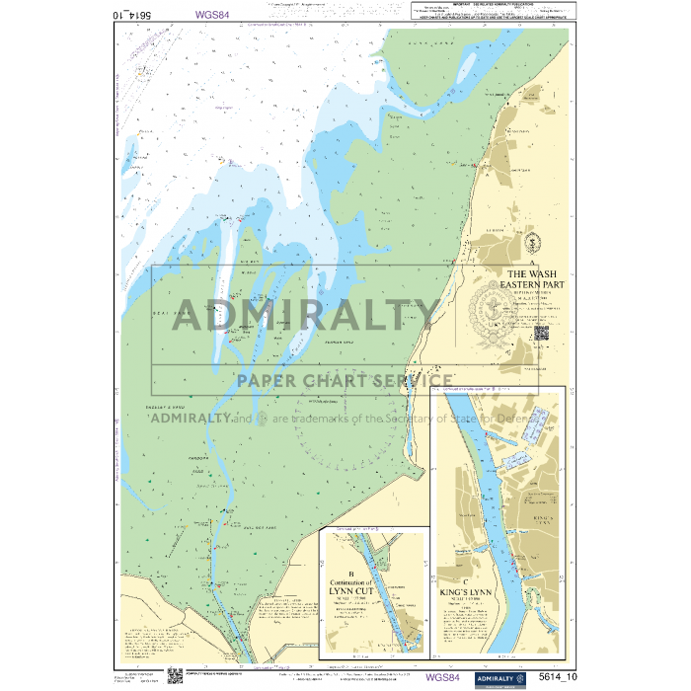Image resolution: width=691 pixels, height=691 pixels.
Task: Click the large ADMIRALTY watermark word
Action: (306, 316)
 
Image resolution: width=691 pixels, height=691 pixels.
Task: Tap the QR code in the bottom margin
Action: (175, 676)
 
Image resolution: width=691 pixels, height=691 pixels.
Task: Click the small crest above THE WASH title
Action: (531, 242)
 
